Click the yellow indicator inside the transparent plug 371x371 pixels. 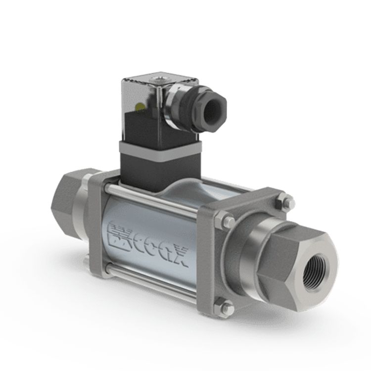click(x=139, y=106)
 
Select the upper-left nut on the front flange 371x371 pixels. click(x=224, y=220)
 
